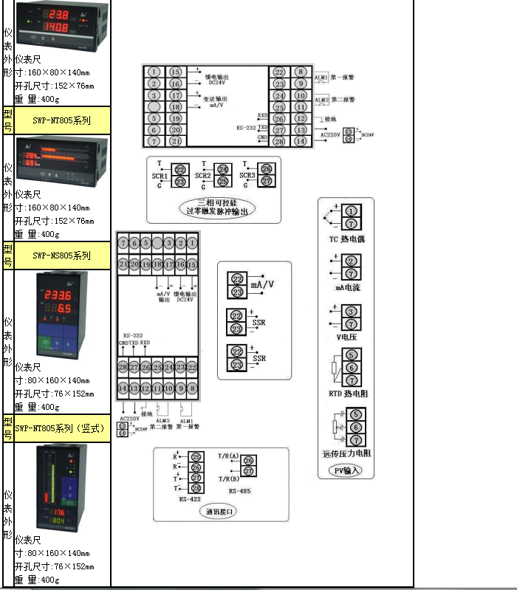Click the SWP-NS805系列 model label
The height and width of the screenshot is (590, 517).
pyautogui.click(x=62, y=255)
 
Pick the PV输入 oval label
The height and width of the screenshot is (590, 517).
pyautogui.click(x=346, y=470)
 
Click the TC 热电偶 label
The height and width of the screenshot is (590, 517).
pyautogui.click(x=346, y=239)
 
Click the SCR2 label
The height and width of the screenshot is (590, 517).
pyautogui.click(x=203, y=176)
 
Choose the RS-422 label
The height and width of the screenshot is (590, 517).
pyautogui.click(x=189, y=499)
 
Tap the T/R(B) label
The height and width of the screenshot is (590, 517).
pyautogui.click(x=230, y=478)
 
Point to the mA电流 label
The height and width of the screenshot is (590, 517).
pyautogui.click(x=347, y=287)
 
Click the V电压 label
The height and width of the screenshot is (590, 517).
pyautogui.click(x=347, y=337)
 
